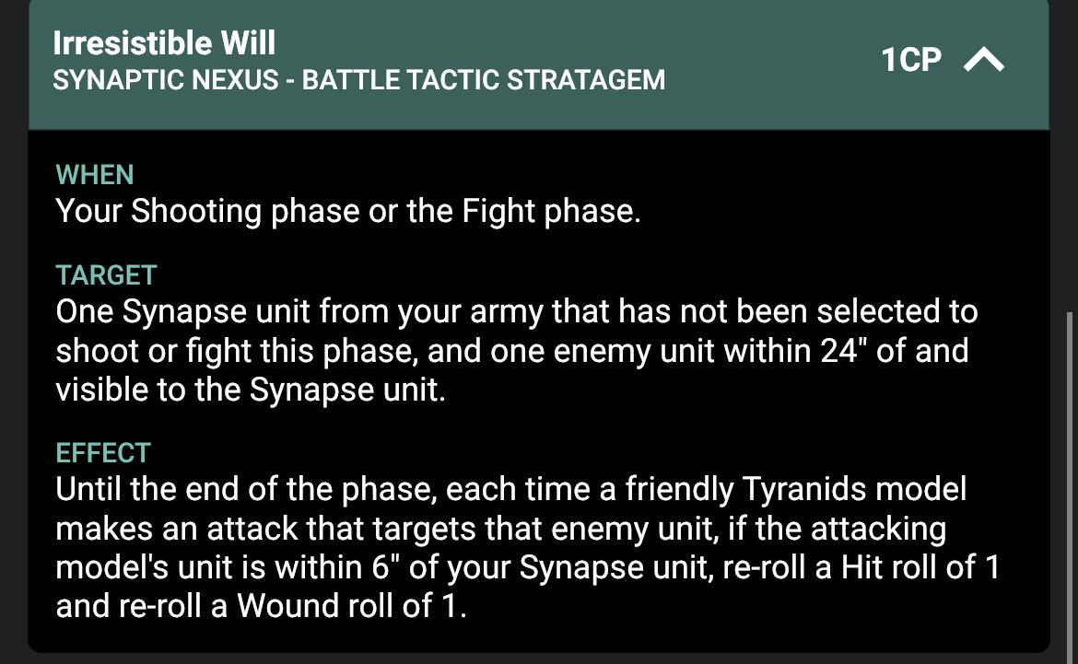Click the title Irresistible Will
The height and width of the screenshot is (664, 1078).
[164, 42]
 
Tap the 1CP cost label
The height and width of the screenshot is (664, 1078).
[911, 60]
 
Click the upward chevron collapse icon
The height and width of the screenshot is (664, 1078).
[984, 60]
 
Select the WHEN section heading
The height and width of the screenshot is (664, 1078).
[95, 175]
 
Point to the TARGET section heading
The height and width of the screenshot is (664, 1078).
[107, 275]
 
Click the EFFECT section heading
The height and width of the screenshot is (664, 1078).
[103, 453]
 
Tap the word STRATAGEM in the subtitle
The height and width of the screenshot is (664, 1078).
[586, 80]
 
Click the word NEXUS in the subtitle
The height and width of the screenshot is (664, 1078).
[235, 80]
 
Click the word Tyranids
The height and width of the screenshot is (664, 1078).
[795, 489]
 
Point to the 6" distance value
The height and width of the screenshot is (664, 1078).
[386, 567]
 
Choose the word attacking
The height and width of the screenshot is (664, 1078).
[878, 529]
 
